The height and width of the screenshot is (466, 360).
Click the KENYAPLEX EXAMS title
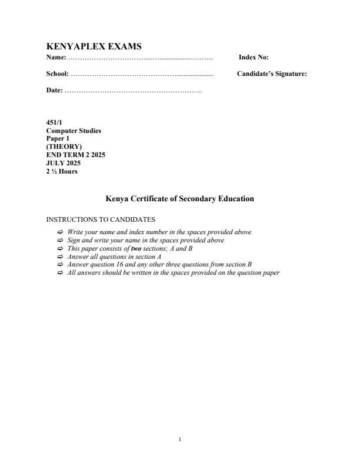(94, 46)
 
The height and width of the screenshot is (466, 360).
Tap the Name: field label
(56, 58)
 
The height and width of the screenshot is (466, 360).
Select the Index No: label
(254, 58)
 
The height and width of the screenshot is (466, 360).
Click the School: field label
(58, 74)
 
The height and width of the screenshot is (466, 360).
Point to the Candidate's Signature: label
(272, 74)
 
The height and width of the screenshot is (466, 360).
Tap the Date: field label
(55, 91)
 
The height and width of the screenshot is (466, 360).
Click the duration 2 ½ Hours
(62, 171)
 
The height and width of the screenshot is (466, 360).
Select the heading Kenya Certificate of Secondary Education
(179, 199)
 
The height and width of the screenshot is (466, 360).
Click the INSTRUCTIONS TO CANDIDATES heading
(101, 220)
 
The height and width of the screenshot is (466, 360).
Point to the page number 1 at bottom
(180, 438)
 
